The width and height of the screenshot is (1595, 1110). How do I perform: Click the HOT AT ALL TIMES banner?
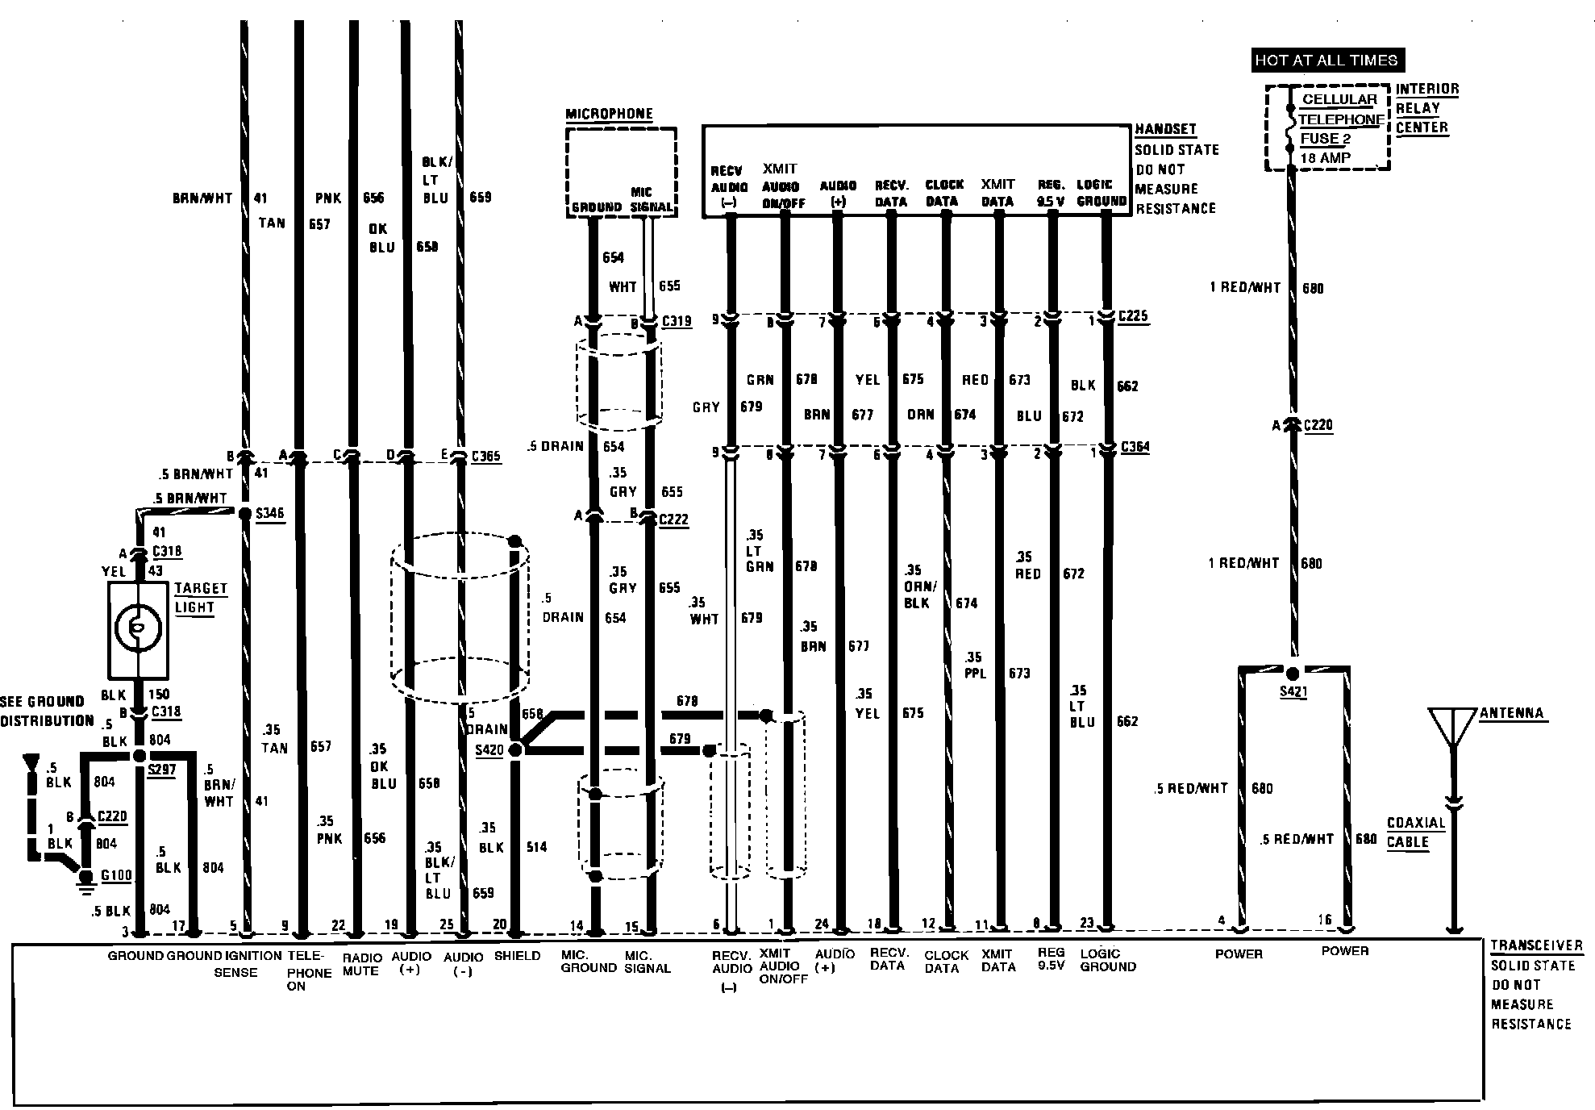tap(1326, 60)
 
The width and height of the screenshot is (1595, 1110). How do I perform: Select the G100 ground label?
tap(116, 875)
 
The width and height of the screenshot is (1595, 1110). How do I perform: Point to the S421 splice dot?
tap(1293, 673)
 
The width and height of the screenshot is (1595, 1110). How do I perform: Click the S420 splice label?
tap(489, 750)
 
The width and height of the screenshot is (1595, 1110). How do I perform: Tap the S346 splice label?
tap(269, 513)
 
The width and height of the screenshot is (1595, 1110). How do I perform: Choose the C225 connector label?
tap(1133, 316)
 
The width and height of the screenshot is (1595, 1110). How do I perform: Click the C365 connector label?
tap(485, 457)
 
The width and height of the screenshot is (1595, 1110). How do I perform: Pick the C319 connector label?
tap(676, 321)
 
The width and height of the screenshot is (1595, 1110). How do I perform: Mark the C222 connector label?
tap(673, 520)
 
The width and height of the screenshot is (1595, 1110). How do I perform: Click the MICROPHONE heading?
tap(609, 114)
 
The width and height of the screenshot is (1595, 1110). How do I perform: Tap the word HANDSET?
tap(1165, 129)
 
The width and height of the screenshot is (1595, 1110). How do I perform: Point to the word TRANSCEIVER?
tap(1536, 945)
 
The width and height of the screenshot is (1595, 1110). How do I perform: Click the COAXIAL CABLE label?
tap(1415, 832)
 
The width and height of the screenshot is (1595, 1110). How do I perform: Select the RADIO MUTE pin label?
tap(360, 964)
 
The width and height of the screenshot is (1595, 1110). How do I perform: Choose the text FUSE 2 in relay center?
tap(1325, 139)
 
